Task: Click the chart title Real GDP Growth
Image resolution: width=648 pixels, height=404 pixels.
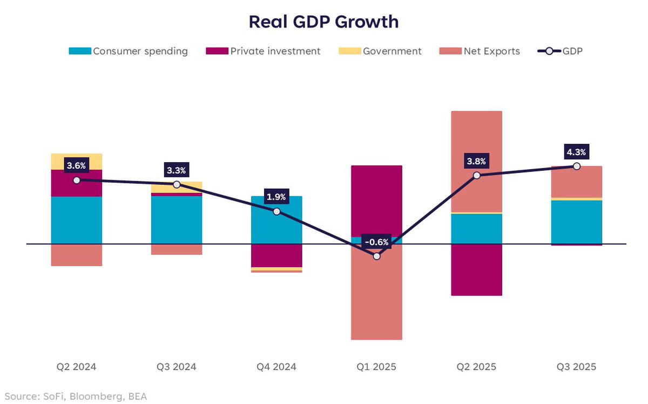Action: pyautogui.click(x=323, y=22)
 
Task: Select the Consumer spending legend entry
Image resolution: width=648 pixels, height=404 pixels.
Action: pyautogui.click(x=129, y=51)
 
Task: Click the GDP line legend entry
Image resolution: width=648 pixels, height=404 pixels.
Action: pyautogui.click(x=560, y=51)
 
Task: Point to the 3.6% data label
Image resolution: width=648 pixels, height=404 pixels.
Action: pyautogui.click(x=76, y=165)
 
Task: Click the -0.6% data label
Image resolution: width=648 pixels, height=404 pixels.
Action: pyautogui.click(x=376, y=242)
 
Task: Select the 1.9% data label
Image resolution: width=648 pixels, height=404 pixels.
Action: pyautogui.click(x=276, y=196)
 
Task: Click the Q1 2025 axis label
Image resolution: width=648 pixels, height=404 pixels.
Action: pyautogui.click(x=376, y=367)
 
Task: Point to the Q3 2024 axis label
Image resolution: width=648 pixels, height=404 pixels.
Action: pyautogui.click(x=177, y=367)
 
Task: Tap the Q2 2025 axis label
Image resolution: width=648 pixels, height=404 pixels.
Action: pyautogui.click(x=476, y=367)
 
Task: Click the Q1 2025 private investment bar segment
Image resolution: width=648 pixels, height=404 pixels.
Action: pyautogui.click(x=376, y=200)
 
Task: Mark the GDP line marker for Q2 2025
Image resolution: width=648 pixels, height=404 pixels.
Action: pyautogui.click(x=476, y=175)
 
